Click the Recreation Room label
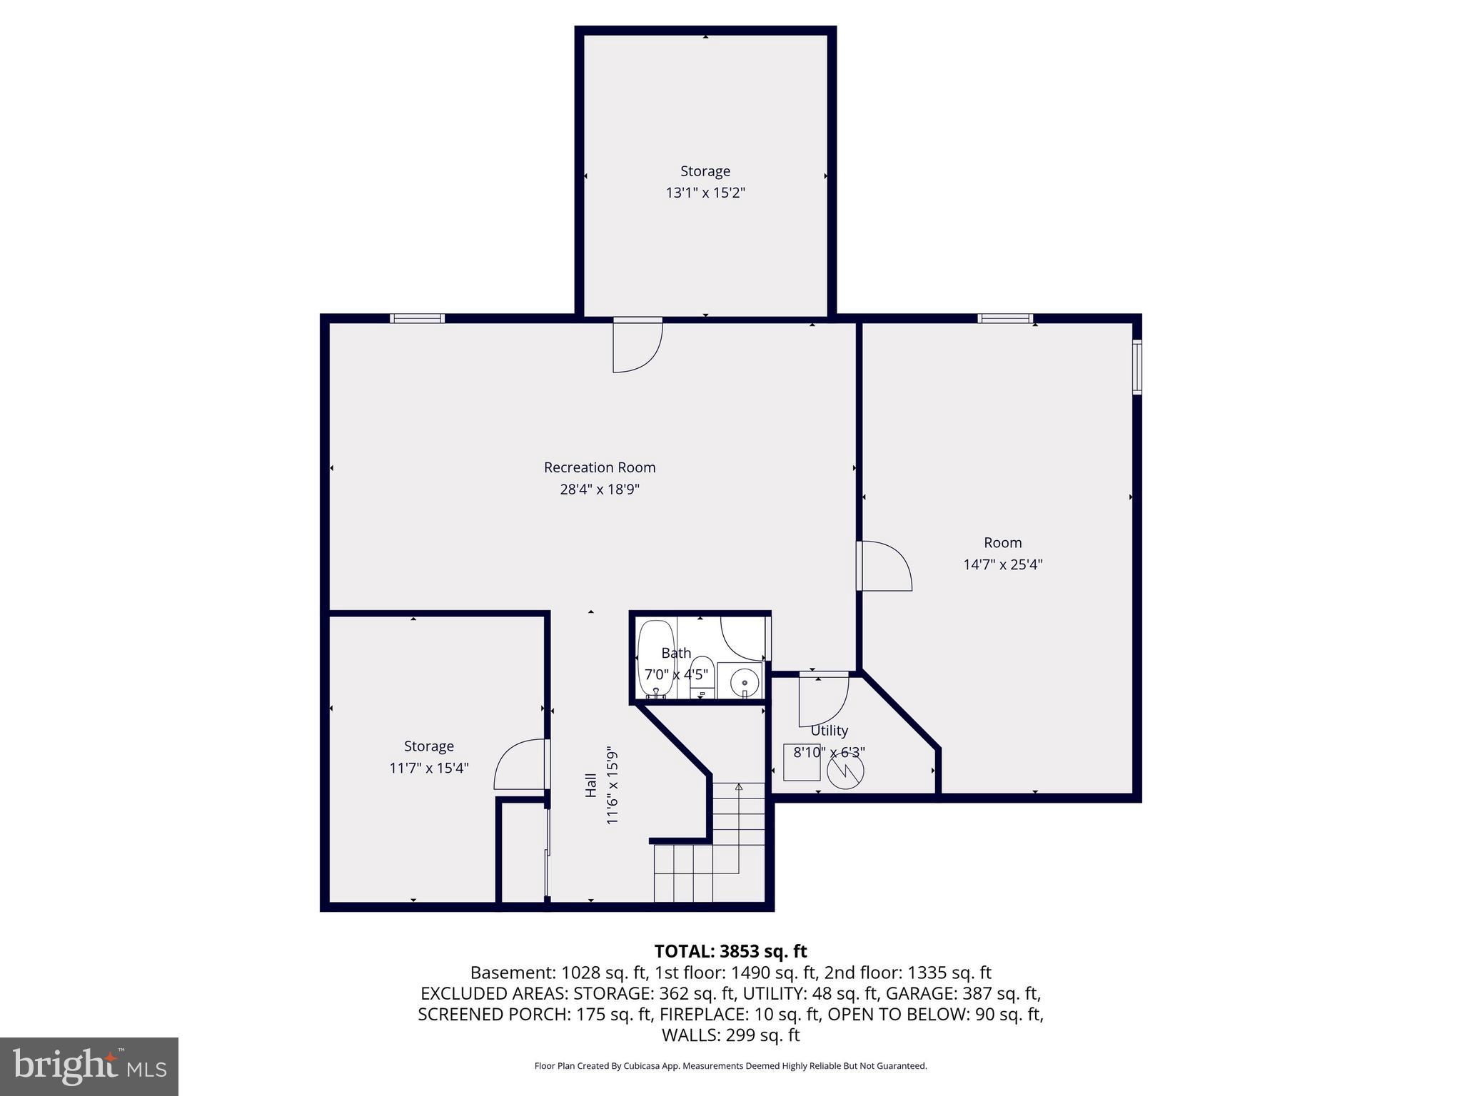pyautogui.click(x=599, y=467)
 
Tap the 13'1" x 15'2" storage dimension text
pyautogui.click(x=705, y=193)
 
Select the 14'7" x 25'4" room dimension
pyautogui.click(x=1002, y=564)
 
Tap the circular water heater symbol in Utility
pyautogui.click(x=845, y=771)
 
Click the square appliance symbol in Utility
pyautogui.click(x=802, y=762)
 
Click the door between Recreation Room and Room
pyautogui.click(x=883, y=566)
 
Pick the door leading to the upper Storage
pyautogui.click(x=637, y=345)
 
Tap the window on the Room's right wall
pyautogui.click(x=1137, y=367)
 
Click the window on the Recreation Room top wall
pyautogui.click(x=418, y=318)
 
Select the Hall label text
pyautogui.click(x=591, y=785)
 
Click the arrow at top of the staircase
pyautogui.click(x=739, y=787)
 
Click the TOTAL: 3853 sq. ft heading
pyautogui.click(x=730, y=951)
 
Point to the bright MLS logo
pyautogui.click(x=89, y=1066)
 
